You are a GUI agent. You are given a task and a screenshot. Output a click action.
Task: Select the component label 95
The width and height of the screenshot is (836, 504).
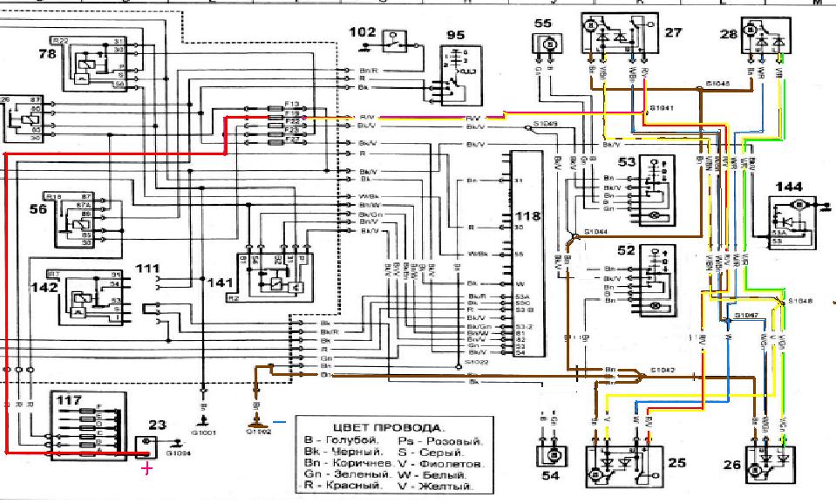click(456, 35)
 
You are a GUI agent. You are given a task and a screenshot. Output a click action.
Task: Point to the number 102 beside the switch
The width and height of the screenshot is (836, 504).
click(363, 31)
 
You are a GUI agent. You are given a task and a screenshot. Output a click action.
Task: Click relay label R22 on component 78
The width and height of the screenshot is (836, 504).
click(60, 42)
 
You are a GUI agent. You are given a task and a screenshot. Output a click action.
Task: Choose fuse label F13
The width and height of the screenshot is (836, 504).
click(291, 104)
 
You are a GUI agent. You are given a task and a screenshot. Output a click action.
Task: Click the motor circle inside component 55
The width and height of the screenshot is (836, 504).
click(549, 43)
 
